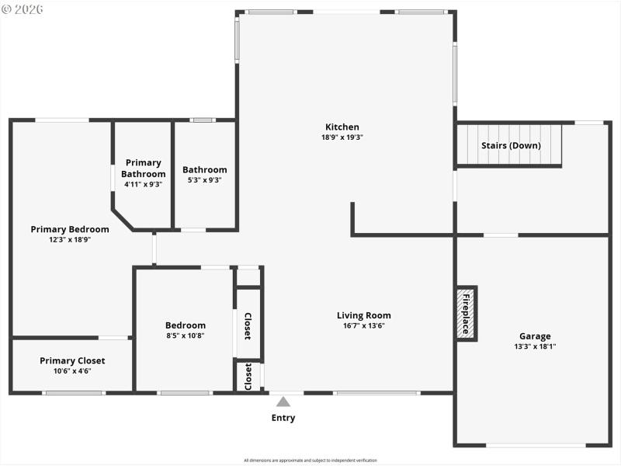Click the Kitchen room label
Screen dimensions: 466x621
[342, 127]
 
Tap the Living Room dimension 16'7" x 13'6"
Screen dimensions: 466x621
[363, 325]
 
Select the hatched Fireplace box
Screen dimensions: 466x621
[466, 314]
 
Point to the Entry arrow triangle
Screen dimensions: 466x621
[283, 402]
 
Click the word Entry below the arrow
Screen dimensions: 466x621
[283, 418]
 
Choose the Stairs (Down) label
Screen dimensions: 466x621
[511, 145]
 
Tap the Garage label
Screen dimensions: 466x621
[535, 336]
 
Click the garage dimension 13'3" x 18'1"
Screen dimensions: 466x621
[535, 346]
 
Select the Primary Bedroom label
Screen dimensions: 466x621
[70, 229]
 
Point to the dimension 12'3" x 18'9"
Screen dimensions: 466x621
[70, 240]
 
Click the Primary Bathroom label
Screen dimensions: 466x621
[143, 169]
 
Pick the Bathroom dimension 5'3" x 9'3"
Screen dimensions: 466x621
[204, 180]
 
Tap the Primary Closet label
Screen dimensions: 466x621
[72, 360]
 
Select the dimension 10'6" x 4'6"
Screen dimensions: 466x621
[72, 371]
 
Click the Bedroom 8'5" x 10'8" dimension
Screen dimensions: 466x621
[186, 336]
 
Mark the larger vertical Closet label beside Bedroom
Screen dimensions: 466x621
[248, 326]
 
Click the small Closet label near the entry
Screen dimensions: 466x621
[248, 376]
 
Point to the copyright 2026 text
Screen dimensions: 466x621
[23, 9]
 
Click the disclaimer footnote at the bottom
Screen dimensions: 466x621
[310, 460]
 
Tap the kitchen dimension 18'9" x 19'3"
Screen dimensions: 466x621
[342, 137]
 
